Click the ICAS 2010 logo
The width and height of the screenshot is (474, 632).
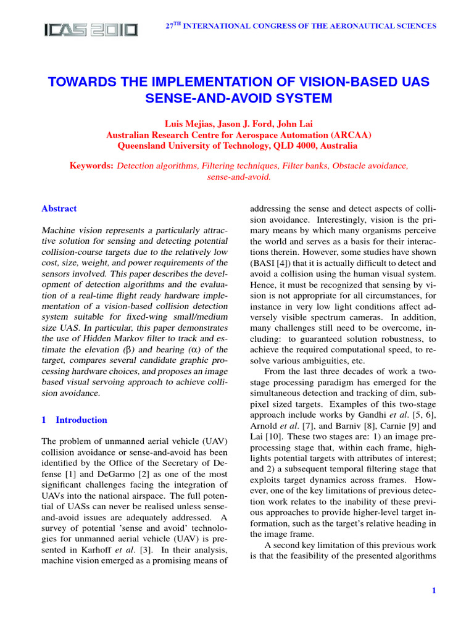pos(90,29)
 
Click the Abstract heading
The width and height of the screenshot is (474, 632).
pos(59,209)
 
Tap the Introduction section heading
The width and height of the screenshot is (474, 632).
pos(81,420)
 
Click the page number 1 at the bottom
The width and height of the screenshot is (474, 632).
pos(434,591)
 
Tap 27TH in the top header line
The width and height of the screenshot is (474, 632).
pos(177,26)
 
